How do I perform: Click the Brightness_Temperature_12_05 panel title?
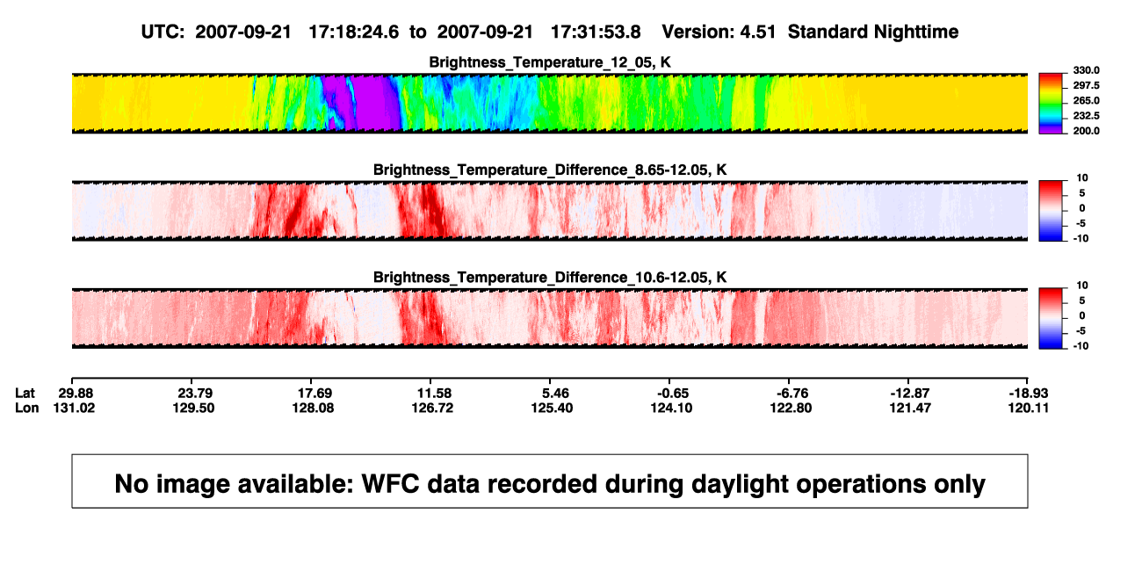(x=550, y=62)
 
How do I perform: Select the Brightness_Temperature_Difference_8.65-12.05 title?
(x=550, y=170)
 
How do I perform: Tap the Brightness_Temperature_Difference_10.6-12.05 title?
(x=550, y=278)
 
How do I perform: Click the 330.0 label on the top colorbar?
(x=1086, y=70)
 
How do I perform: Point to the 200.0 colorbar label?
(x=1086, y=131)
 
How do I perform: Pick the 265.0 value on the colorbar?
(x=1086, y=100)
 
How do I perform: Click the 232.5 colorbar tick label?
(x=1086, y=116)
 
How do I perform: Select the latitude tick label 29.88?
(x=76, y=394)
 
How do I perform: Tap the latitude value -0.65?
(x=673, y=394)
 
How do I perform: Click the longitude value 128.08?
(x=313, y=409)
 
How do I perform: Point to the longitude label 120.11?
(x=1029, y=409)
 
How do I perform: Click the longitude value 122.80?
(x=791, y=409)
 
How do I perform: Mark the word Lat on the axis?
(x=25, y=394)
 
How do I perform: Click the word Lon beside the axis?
(x=26, y=409)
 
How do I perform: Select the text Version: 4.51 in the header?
(x=719, y=33)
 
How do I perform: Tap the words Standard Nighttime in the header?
(x=873, y=33)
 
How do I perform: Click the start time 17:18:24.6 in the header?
(x=354, y=33)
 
